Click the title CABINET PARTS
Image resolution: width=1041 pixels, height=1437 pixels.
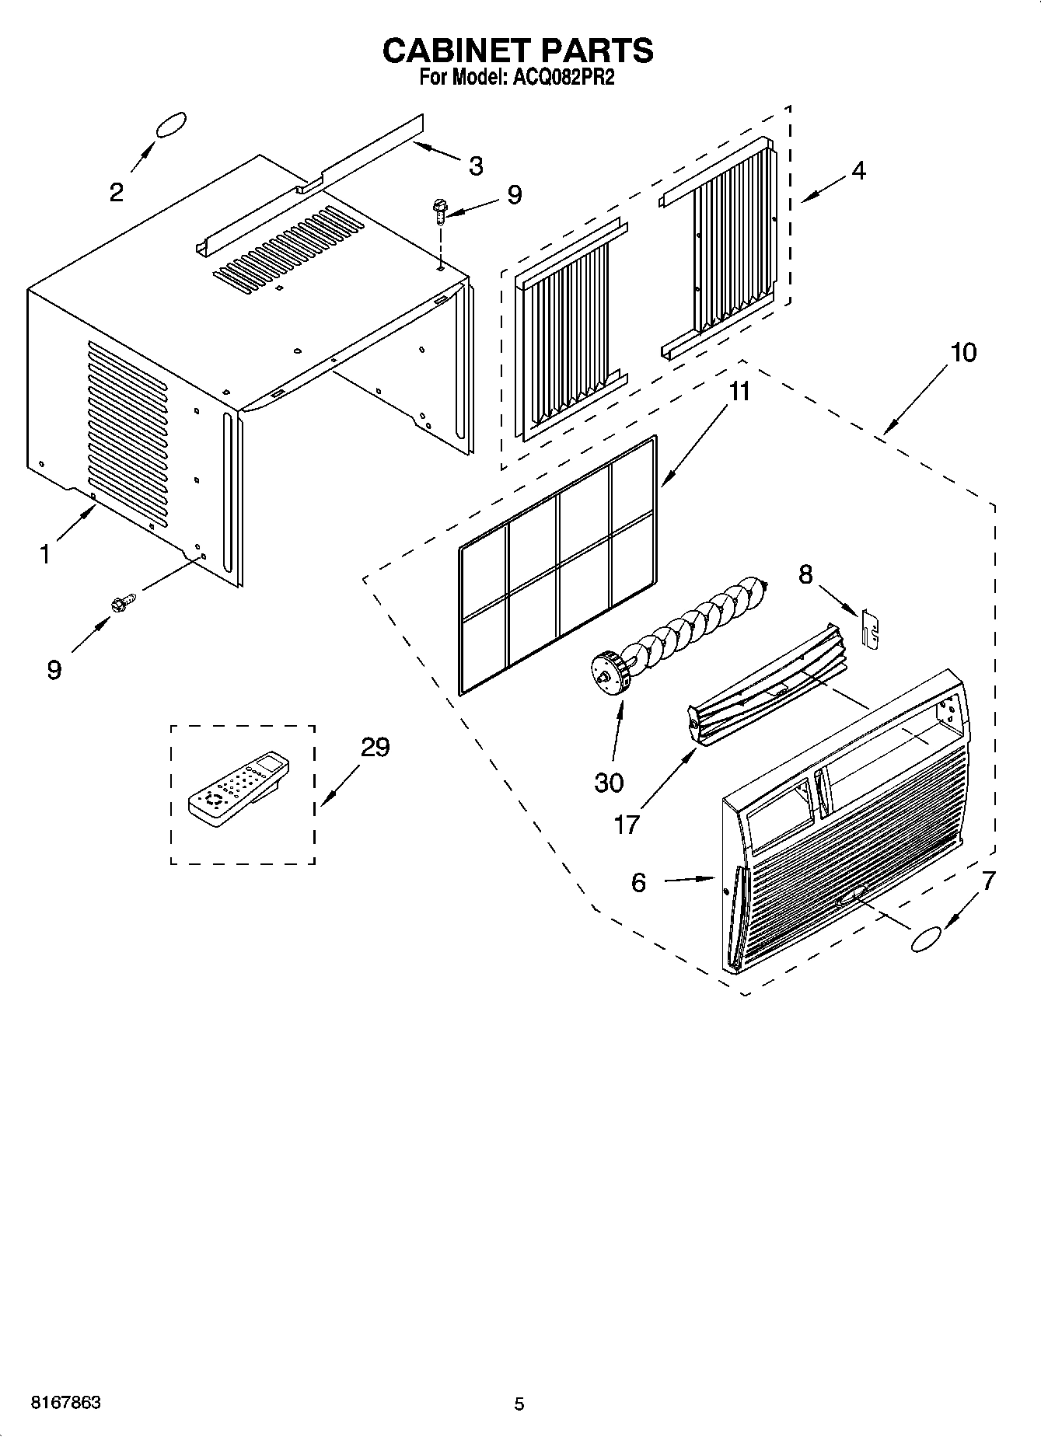pos(518,51)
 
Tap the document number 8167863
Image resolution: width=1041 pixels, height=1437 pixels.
pos(65,1403)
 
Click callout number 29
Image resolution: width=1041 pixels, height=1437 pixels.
pos(375,748)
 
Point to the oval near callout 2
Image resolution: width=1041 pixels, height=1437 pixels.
pos(171,125)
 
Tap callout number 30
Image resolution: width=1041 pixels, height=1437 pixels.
pos(609,783)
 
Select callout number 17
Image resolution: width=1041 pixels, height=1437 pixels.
pos(626,824)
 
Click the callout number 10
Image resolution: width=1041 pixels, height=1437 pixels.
pos(962,353)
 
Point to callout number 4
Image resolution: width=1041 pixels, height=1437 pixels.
pos(858,171)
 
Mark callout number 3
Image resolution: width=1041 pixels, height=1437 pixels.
pos(476,166)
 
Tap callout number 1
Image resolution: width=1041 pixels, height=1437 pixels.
pos(45,555)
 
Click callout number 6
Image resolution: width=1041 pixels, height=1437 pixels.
pos(638,882)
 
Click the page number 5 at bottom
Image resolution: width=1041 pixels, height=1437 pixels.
pos(519,1404)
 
